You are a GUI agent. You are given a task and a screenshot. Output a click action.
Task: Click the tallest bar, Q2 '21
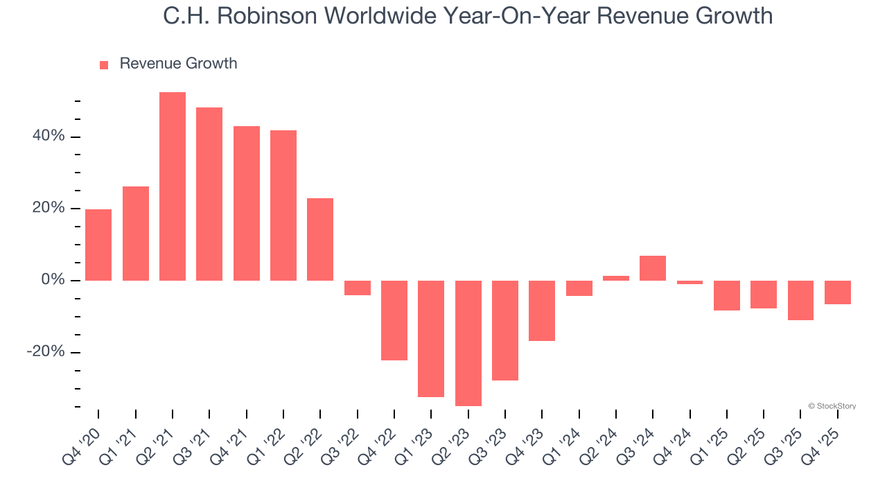[x=173, y=186]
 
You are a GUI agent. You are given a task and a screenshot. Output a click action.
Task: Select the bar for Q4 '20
[x=98, y=245]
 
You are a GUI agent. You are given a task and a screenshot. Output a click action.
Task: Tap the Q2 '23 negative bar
[x=468, y=343]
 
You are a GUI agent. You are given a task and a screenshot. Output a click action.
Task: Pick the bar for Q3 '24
[x=653, y=268]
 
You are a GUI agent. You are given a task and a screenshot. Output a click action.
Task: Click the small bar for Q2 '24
[x=616, y=278]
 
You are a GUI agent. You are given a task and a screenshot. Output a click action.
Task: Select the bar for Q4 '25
[x=837, y=292]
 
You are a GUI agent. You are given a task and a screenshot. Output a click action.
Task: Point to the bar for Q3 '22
[x=358, y=288]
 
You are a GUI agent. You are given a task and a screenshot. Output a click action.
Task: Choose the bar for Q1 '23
[x=431, y=338]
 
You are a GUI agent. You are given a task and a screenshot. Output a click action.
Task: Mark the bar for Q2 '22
[x=320, y=239]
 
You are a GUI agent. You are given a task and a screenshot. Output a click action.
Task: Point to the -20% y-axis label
[x=45, y=352]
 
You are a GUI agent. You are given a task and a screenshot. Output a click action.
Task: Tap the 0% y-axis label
[x=52, y=280]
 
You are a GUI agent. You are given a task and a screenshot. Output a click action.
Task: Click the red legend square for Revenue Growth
[x=104, y=65]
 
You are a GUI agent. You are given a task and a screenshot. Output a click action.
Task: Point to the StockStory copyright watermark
[x=832, y=406]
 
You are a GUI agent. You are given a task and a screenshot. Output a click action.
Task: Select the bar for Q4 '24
[x=690, y=282]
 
